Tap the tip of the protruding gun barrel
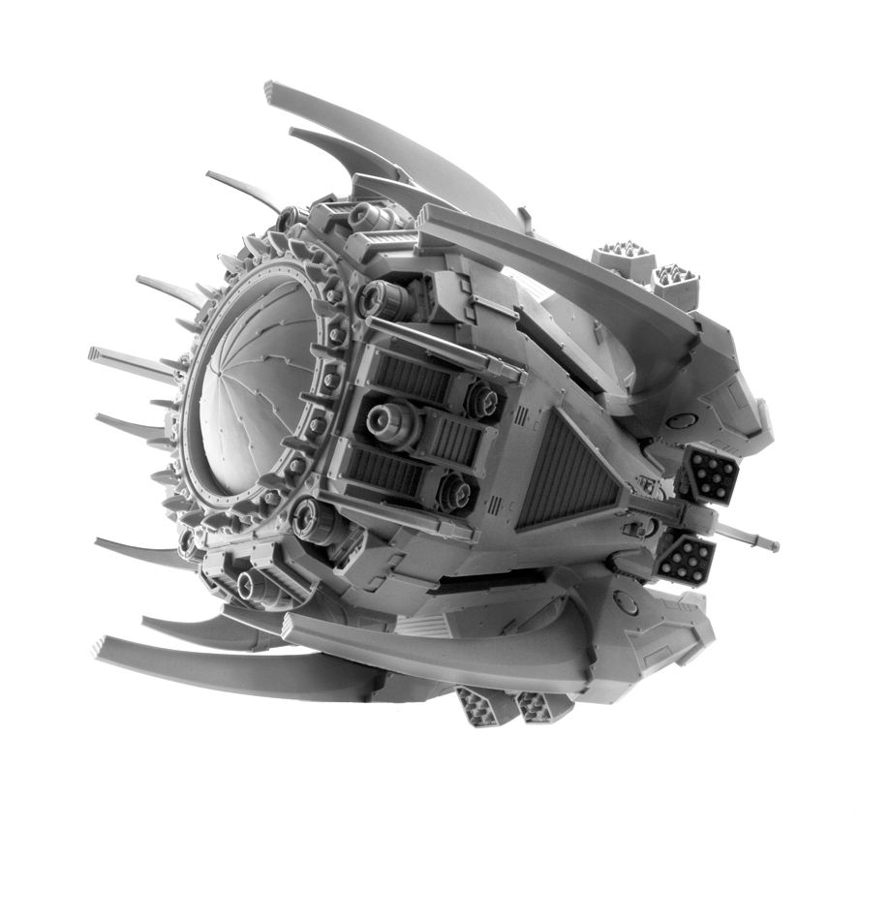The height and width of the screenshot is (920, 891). pyautogui.click(x=774, y=546)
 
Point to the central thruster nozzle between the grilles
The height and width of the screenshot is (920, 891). pyautogui.click(x=386, y=419)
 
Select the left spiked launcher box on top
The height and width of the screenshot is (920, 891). pyautogui.click(x=622, y=259)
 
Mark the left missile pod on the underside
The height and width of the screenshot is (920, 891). pyautogui.click(x=481, y=704)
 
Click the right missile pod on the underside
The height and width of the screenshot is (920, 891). pyautogui.click(x=535, y=706)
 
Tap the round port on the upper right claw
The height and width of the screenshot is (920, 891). pyautogui.click(x=682, y=420)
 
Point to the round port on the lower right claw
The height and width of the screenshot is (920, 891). pyautogui.click(x=626, y=604)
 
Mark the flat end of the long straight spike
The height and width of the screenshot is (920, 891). pyautogui.click(x=93, y=353)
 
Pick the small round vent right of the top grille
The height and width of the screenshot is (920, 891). pyautogui.click(x=481, y=398)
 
